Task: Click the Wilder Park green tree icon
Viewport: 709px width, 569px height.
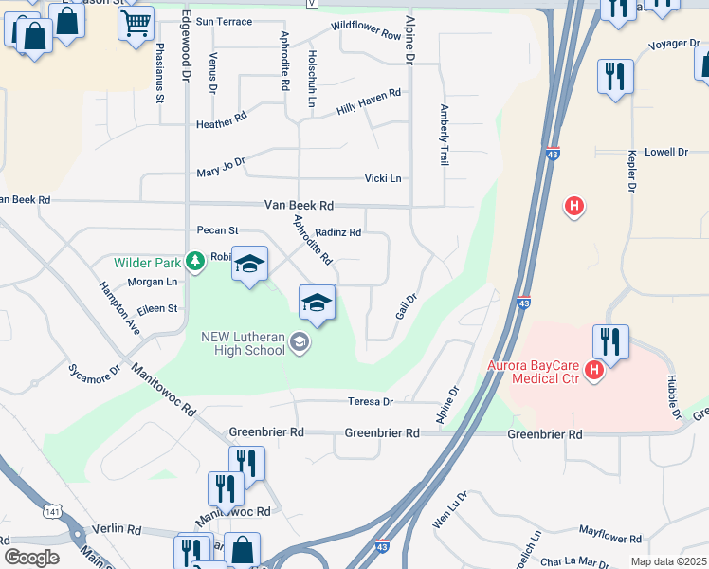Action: coord(195,260)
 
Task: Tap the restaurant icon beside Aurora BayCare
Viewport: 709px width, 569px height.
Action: coord(611,342)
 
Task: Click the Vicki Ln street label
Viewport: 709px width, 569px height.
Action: coord(383,178)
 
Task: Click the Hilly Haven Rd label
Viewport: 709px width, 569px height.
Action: coord(369,103)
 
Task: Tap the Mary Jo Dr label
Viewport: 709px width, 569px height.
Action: coord(221,167)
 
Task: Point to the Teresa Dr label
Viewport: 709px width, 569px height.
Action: coord(370,401)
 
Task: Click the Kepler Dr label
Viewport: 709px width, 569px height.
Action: coord(630,171)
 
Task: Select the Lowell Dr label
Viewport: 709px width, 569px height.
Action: coord(665,152)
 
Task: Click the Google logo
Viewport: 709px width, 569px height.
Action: coord(31,558)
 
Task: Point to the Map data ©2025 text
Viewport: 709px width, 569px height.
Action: coord(669,561)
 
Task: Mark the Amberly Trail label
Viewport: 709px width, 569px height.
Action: coord(443,136)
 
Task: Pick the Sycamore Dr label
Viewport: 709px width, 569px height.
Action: coord(94,371)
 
